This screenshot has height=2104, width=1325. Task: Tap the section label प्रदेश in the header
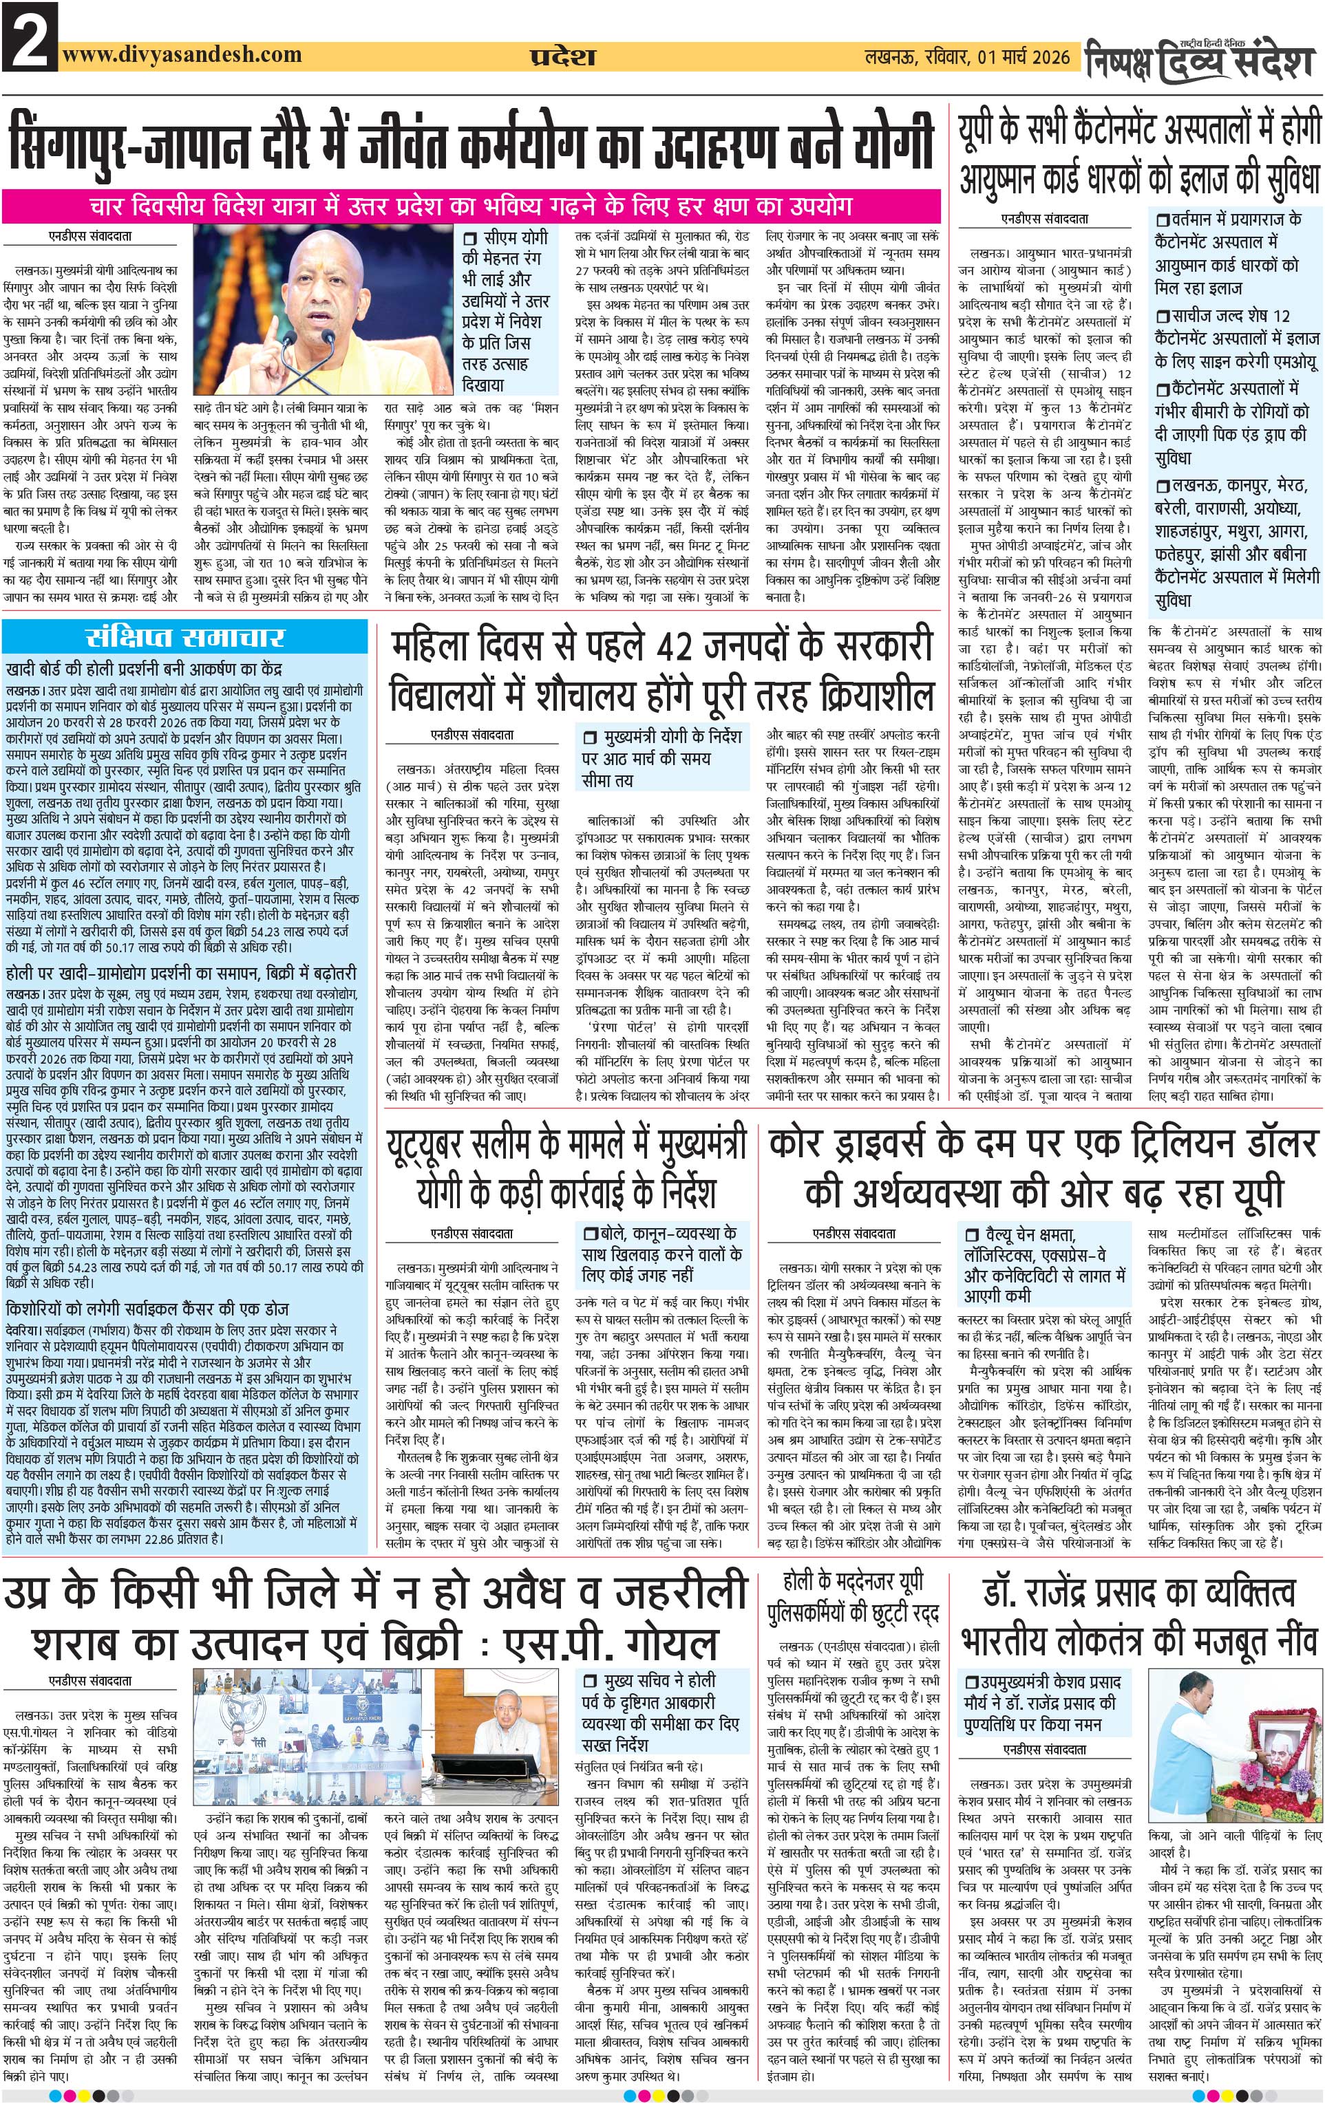(563, 58)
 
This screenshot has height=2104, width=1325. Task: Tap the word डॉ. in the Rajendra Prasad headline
(1004, 1593)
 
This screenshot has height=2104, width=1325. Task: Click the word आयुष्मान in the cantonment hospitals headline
(1014, 179)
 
